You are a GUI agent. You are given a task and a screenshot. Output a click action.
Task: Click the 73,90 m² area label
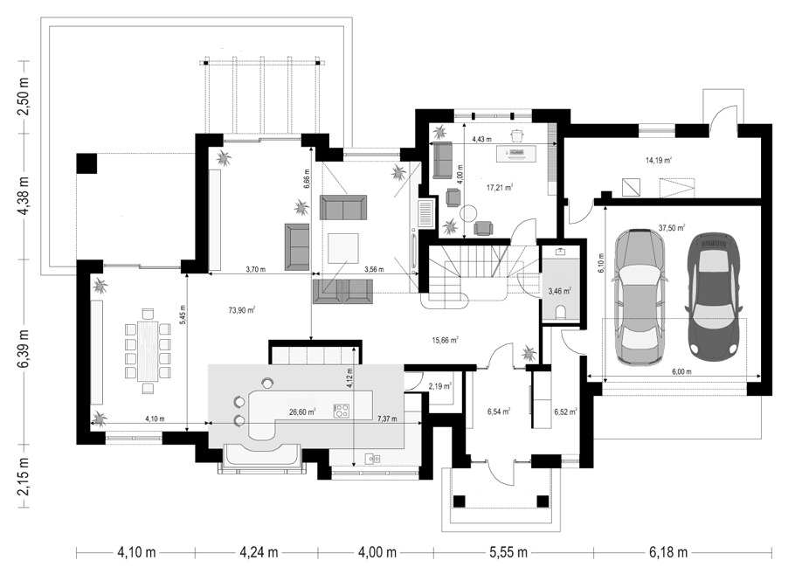pos(242,309)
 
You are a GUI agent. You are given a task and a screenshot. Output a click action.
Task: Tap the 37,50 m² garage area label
pos(672,228)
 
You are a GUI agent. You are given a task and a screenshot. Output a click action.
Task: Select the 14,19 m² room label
pos(659,160)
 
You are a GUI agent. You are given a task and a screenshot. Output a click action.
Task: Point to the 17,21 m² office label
pos(500,187)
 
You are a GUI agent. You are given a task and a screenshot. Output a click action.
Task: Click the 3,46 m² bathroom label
pos(559,291)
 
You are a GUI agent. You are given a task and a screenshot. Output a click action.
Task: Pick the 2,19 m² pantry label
pos(439,386)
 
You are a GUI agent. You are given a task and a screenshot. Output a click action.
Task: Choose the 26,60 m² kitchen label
pos(302,412)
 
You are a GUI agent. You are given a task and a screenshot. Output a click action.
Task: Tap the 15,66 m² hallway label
pos(445,340)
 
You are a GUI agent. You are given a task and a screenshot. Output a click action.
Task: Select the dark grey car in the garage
pos(713,296)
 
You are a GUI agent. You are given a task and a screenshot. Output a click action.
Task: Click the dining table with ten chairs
pos(149,351)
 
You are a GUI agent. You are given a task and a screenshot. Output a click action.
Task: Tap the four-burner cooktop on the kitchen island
pos(342,411)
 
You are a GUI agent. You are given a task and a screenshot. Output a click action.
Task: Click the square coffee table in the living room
pos(343,248)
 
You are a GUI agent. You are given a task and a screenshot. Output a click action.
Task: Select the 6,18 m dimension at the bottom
pos(668,552)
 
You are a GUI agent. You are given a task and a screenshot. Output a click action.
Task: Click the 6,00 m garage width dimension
pos(681,372)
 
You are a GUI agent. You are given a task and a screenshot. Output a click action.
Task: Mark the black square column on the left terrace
pos(86,163)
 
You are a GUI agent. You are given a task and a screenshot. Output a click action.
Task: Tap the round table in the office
pos(468,213)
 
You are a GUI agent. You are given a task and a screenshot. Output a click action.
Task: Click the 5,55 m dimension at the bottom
pos(508,552)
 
